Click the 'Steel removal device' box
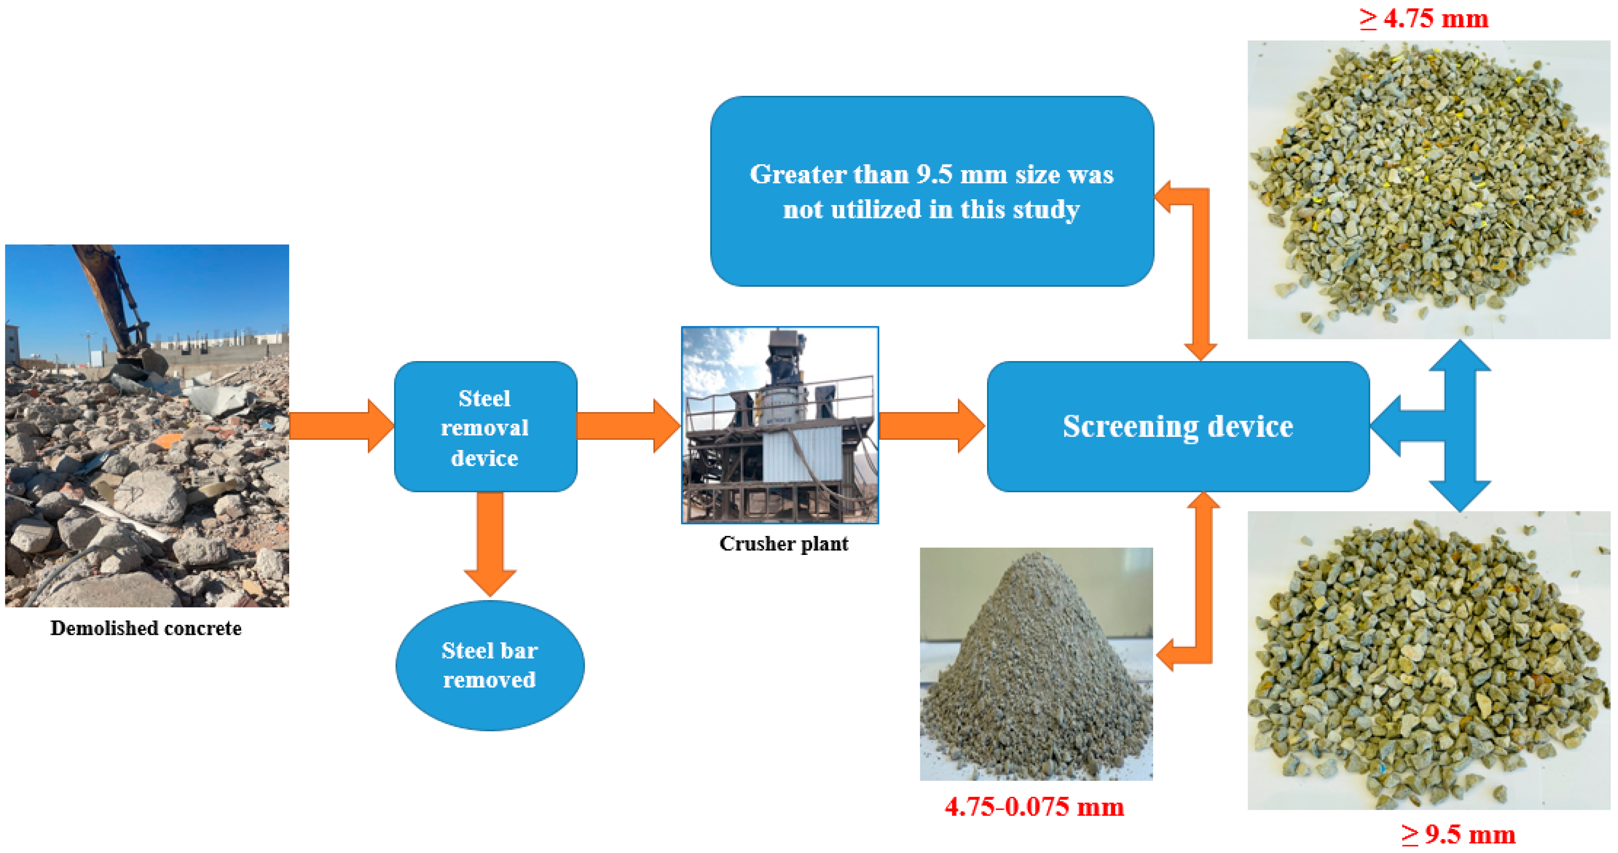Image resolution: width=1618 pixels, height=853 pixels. [485, 427]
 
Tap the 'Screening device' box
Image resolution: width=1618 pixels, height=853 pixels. [1178, 426]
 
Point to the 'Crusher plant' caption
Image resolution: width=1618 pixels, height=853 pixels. [783, 544]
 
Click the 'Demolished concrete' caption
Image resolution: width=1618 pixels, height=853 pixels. [146, 628]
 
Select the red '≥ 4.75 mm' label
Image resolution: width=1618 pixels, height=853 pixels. [1423, 19]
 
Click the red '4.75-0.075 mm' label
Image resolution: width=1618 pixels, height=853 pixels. [1034, 807]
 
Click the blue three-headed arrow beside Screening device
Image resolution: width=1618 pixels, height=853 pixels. [1445, 426]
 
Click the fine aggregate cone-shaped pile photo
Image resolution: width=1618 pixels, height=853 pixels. [1036, 664]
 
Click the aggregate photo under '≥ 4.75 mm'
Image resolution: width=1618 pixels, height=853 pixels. [1428, 190]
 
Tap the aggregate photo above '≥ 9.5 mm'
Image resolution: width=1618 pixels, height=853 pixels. [1428, 660]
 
